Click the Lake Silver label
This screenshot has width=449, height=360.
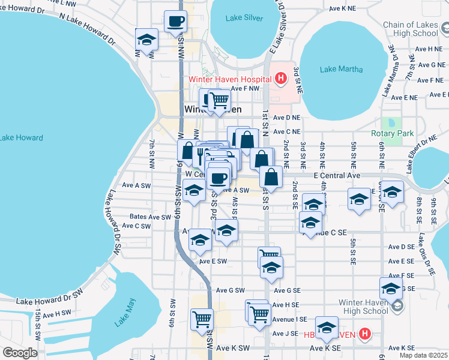tap(244, 18)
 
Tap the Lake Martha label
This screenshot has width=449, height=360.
tap(341, 69)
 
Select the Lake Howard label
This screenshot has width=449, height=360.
tap(22, 138)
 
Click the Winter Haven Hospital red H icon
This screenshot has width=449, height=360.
tap(280, 78)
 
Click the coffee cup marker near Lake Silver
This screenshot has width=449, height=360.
tap(175, 22)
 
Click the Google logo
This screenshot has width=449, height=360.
tap(20, 352)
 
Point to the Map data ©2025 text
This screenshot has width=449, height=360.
tap(423, 355)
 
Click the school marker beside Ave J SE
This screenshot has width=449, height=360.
tap(327, 328)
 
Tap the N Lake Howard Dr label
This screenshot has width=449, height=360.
tap(87, 29)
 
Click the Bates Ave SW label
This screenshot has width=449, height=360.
tap(150, 217)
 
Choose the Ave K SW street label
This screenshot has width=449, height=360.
tap(232, 348)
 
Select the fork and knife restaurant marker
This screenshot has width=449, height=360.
tap(200, 155)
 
